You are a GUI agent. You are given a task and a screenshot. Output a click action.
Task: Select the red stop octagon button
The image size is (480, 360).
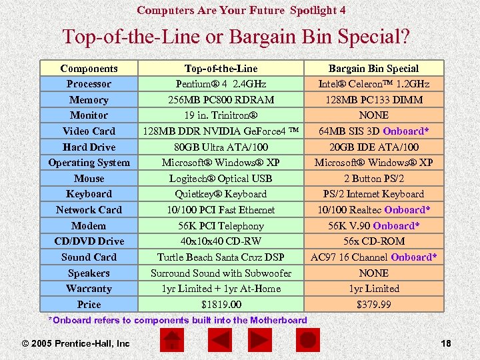point(308,341)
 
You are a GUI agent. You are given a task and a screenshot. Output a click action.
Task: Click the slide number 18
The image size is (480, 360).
point(446,343)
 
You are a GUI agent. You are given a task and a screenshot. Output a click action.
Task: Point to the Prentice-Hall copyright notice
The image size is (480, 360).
point(75,343)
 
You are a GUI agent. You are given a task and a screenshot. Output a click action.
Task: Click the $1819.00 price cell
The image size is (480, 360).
point(221,305)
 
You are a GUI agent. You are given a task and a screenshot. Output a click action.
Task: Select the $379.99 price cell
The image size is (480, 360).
point(373,305)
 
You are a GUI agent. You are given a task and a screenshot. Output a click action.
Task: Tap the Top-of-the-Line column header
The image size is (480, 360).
point(221,69)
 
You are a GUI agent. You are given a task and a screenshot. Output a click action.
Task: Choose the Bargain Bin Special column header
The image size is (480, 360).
point(373,69)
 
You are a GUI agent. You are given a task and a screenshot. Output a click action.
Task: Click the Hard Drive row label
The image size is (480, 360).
point(89,147)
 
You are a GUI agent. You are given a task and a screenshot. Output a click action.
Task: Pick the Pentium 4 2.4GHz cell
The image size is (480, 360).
point(221,84)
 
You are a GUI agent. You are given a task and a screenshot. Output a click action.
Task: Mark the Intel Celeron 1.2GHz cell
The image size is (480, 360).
point(373,84)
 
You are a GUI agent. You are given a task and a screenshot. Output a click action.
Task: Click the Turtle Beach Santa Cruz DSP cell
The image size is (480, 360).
point(221,257)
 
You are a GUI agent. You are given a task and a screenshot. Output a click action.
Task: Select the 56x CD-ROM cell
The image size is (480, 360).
point(373,241)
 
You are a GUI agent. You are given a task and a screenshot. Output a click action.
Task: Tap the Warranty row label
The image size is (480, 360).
point(89,289)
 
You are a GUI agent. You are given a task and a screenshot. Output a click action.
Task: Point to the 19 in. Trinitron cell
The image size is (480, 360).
point(221,115)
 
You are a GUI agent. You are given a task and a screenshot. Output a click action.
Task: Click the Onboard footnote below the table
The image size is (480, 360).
point(179,320)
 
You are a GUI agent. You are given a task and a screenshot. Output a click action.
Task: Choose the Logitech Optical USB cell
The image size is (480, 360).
point(221,179)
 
